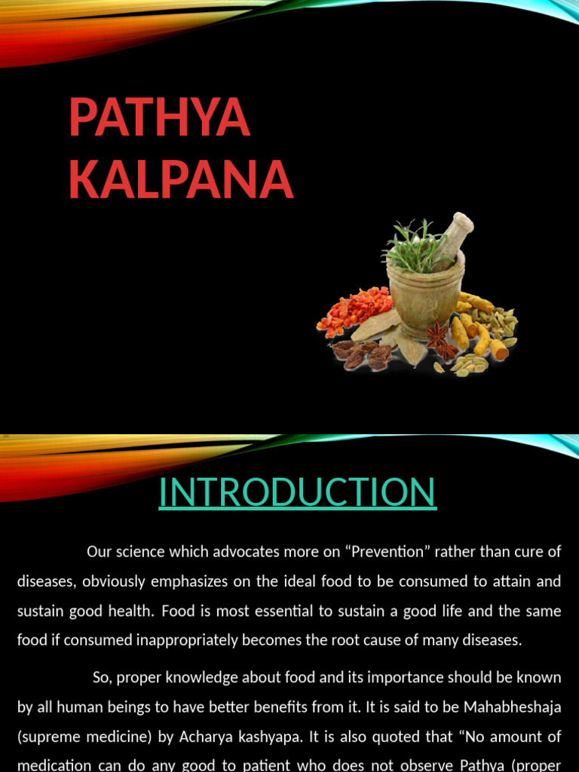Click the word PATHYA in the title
point(158,118)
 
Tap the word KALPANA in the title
point(181,179)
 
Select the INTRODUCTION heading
point(297,492)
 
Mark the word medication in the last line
point(54,764)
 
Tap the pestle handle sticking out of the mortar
point(457,232)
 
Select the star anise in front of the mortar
point(441,339)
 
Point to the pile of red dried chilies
point(354,308)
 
